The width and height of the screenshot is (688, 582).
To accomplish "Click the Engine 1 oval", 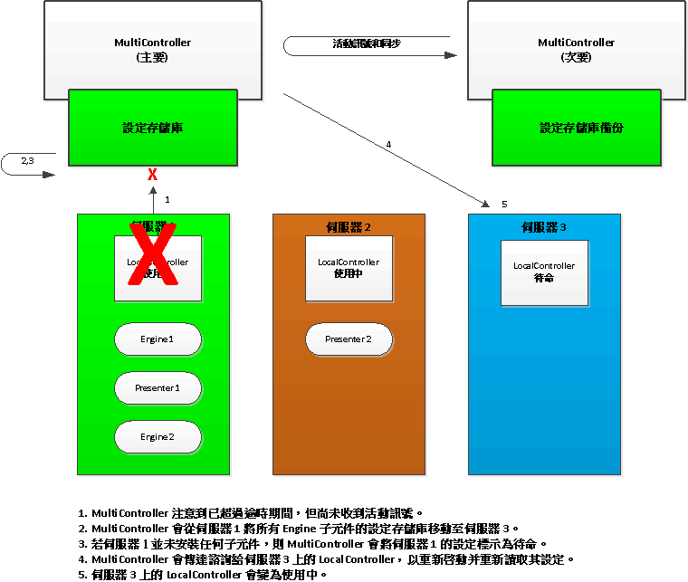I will pyautogui.click(x=158, y=339).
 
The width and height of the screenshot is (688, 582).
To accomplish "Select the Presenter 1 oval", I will pyautogui.click(x=158, y=388).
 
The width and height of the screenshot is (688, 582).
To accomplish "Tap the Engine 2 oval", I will pyautogui.click(x=158, y=437).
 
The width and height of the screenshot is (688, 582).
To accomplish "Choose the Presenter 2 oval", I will pyautogui.click(x=349, y=339).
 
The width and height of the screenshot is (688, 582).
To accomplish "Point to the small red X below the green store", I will pyautogui.click(x=153, y=175).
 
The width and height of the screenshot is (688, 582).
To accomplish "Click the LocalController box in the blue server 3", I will pyautogui.click(x=544, y=272).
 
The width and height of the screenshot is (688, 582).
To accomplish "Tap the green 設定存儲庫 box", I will pyautogui.click(x=153, y=128).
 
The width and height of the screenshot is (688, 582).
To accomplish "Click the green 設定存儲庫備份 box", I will pyautogui.click(x=581, y=128).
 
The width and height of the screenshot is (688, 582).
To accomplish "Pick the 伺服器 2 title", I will pyautogui.click(x=349, y=226).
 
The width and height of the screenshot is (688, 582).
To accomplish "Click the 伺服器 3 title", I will pyautogui.click(x=544, y=226).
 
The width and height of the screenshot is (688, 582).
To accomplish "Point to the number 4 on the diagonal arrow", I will pyautogui.click(x=388, y=145).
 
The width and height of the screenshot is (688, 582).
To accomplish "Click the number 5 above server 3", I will pyautogui.click(x=504, y=204).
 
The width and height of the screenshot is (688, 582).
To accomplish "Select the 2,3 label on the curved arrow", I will pyautogui.click(x=27, y=160).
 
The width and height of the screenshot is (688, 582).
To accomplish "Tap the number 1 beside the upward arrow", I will pyautogui.click(x=167, y=198).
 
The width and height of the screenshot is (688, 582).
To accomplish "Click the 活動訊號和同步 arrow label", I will pyautogui.click(x=367, y=43).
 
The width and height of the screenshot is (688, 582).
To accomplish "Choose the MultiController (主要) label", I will pyautogui.click(x=152, y=50).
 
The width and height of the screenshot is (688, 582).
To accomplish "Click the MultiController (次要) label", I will pyautogui.click(x=576, y=50).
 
